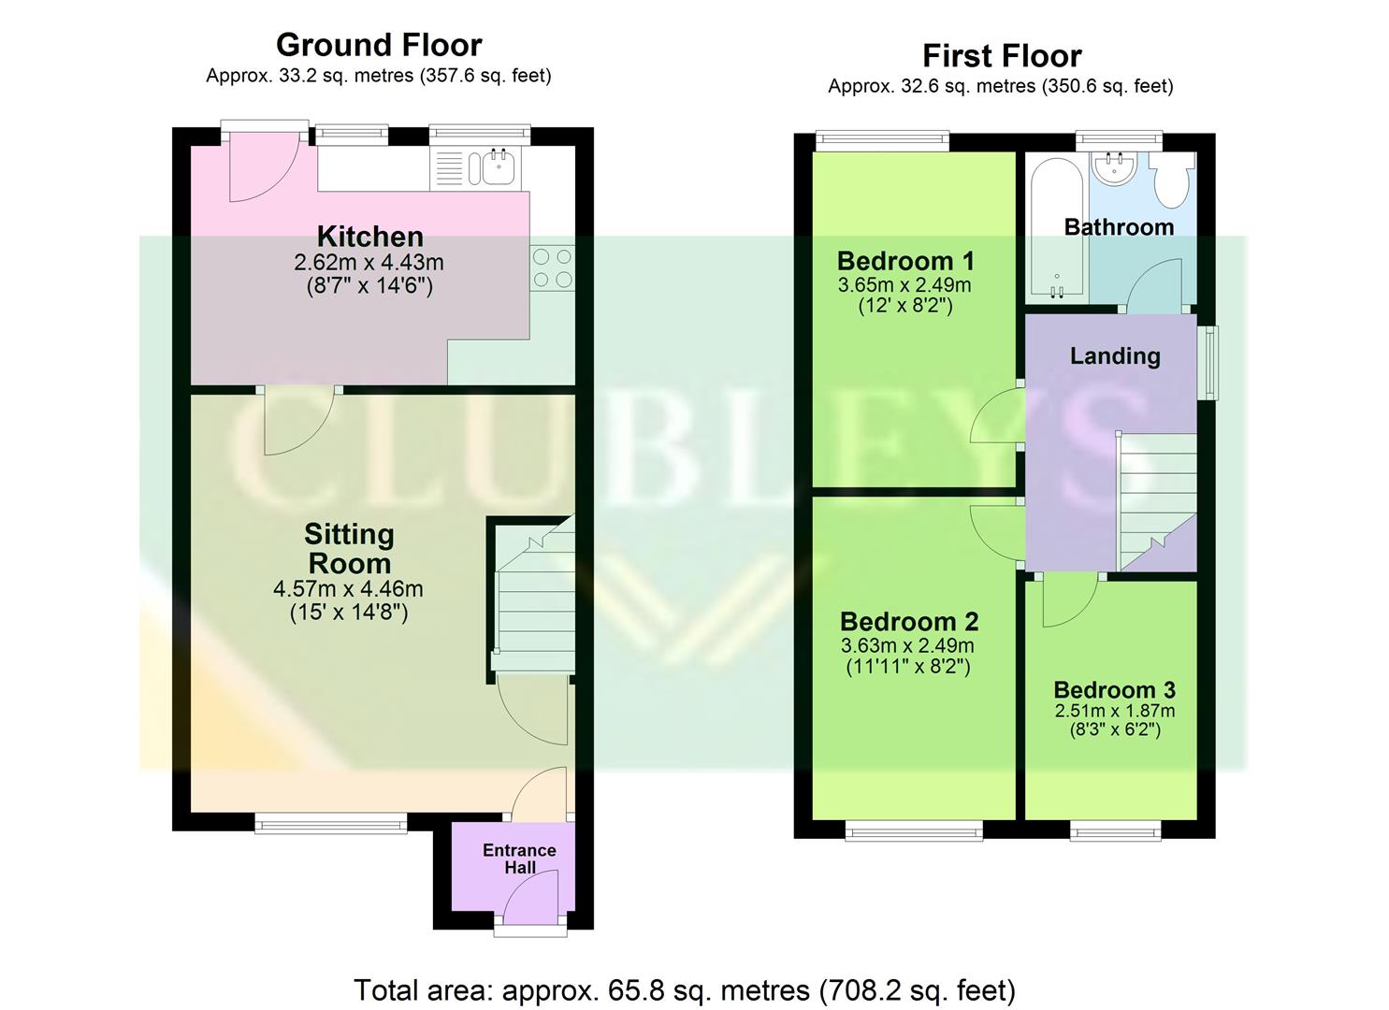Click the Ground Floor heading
[379, 45]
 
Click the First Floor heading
[1002, 56]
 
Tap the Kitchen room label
[369, 236]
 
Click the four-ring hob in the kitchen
[552, 267]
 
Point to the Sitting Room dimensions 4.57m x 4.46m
[348, 589]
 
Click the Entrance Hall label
[519, 858]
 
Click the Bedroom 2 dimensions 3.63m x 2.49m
[907, 645]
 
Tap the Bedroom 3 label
[1114, 690]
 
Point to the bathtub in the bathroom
[1057, 229]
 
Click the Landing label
[1115, 355]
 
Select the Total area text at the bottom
[684, 989]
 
